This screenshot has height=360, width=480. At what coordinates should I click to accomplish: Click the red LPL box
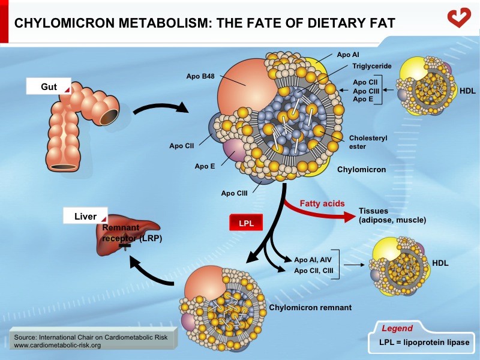pyautogui.click(x=244, y=223)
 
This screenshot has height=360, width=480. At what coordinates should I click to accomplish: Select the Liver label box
pyautogui.click(x=85, y=217)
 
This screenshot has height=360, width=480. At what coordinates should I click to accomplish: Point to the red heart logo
pyautogui.click(x=460, y=17)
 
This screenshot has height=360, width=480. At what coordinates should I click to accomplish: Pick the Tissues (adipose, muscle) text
pyautogui.click(x=392, y=215)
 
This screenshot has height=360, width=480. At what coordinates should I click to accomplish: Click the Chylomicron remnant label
pyautogui.click(x=310, y=308)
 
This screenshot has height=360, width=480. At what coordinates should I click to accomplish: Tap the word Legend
pyautogui.click(x=397, y=328)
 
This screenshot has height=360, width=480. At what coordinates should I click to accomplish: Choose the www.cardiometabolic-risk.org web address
pyautogui.click(x=57, y=346)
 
